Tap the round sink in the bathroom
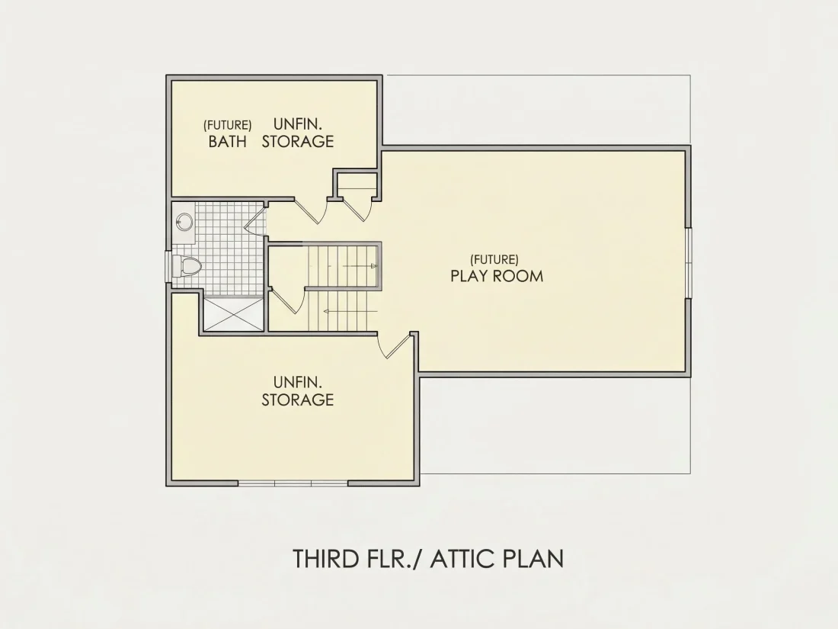pyautogui.click(x=184, y=220)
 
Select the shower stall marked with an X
pyautogui.click(x=234, y=313)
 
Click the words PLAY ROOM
pyautogui.click(x=497, y=276)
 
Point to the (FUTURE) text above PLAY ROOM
pyautogui.click(x=494, y=259)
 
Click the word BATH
pyautogui.click(x=228, y=142)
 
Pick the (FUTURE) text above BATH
pyautogui.click(x=228, y=125)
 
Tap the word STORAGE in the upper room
pyautogui.click(x=298, y=142)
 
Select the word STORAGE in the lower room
pyautogui.click(x=298, y=400)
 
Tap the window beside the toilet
pyautogui.click(x=168, y=266)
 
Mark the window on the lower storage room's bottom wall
pyautogui.click(x=293, y=483)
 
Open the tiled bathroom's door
pyautogui.click(x=255, y=220)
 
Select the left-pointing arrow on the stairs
pyautogui.click(x=350, y=311)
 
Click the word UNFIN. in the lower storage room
pyautogui.click(x=298, y=382)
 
